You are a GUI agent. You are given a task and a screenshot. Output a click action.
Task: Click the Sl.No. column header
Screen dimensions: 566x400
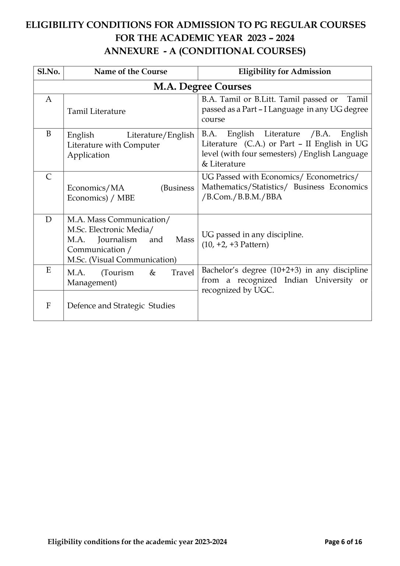tap(49, 71)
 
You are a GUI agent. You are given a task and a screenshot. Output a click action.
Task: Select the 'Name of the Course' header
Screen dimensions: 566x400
tap(130, 71)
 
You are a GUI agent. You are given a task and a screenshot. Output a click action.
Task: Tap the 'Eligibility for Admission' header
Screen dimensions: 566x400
tap(284, 71)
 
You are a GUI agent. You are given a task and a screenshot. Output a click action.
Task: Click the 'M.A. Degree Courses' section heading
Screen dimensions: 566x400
tap(202, 87)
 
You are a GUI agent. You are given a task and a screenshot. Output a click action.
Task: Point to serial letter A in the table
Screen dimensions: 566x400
tap(49, 99)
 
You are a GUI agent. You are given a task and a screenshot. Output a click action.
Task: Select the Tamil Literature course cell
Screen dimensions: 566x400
tap(96, 111)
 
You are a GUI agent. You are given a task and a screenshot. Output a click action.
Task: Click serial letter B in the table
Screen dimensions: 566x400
tap(49, 133)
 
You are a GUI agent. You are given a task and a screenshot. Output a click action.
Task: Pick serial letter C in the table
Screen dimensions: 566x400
tap(49, 177)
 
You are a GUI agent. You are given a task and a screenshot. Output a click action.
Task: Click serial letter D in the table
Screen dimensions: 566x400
tap(49, 220)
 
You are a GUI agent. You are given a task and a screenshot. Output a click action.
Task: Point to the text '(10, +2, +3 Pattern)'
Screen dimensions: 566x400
tap(235, 245)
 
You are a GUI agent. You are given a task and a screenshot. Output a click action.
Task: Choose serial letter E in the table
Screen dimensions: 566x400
tap(49, 270)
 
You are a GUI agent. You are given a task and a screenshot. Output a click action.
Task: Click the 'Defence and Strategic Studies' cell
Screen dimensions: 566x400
tap(121, 306)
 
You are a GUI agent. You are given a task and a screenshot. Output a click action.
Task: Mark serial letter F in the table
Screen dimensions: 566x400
tap(49, 305)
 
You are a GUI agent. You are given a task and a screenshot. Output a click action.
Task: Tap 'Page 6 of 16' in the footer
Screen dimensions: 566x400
tap(343, 542)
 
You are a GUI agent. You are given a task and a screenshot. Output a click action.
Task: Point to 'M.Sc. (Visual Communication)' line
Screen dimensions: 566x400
tap(122, 260)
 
